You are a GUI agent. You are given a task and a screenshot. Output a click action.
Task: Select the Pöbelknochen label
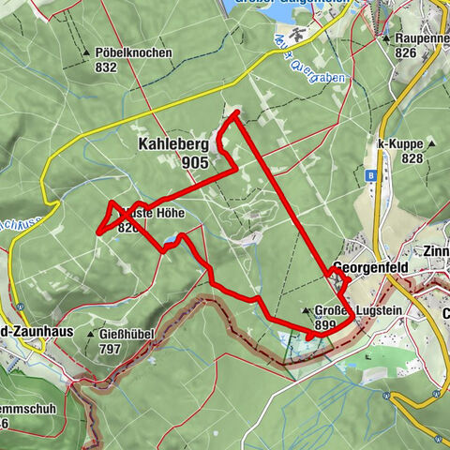[133, 52]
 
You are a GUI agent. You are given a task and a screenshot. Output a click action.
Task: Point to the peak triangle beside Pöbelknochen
[87, 52]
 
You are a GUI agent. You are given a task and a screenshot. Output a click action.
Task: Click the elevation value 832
[106, 67]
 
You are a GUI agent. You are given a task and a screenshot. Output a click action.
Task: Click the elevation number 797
[111, 349]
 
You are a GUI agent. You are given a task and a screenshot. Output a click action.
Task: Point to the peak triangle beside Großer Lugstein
[307, 310]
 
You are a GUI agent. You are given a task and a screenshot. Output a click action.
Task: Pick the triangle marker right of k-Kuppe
[431, 143]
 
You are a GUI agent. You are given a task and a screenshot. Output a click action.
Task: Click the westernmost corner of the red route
[97, 230]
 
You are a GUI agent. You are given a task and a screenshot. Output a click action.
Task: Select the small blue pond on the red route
[170, 241]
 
